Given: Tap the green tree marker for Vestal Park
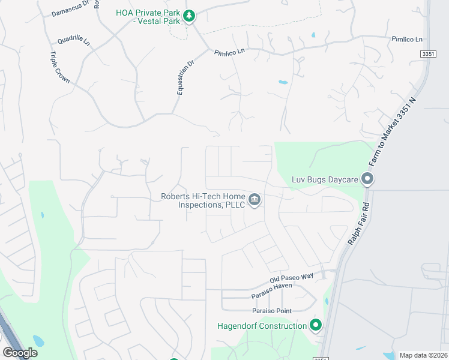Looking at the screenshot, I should (190, 16).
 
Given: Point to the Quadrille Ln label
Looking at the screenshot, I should (73, 41).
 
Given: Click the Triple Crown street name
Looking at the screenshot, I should (60, 67).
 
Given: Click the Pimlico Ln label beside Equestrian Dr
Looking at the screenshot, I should (230, 52).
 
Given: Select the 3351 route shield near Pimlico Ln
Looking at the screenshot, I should (427, 54).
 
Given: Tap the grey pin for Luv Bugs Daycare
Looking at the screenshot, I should (367, 179).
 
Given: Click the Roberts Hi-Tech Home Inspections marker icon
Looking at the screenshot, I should (255, 199).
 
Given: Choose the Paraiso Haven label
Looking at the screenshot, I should (271, 295).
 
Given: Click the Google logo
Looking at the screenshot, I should (20, 353).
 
